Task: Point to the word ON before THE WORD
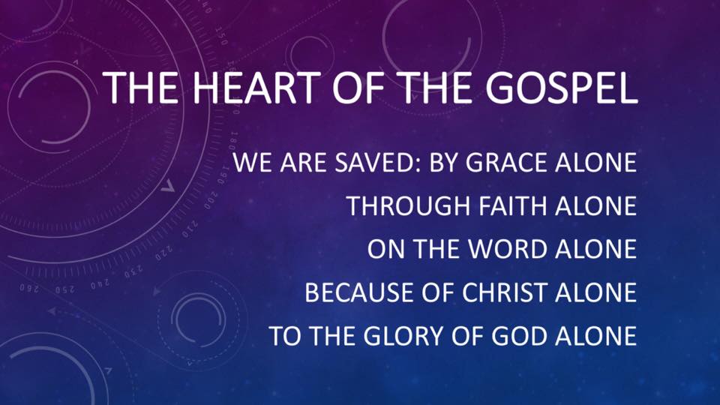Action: tap(382, 249)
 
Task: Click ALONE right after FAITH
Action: tap(597, 206)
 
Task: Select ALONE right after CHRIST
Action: tap(597, 292)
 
